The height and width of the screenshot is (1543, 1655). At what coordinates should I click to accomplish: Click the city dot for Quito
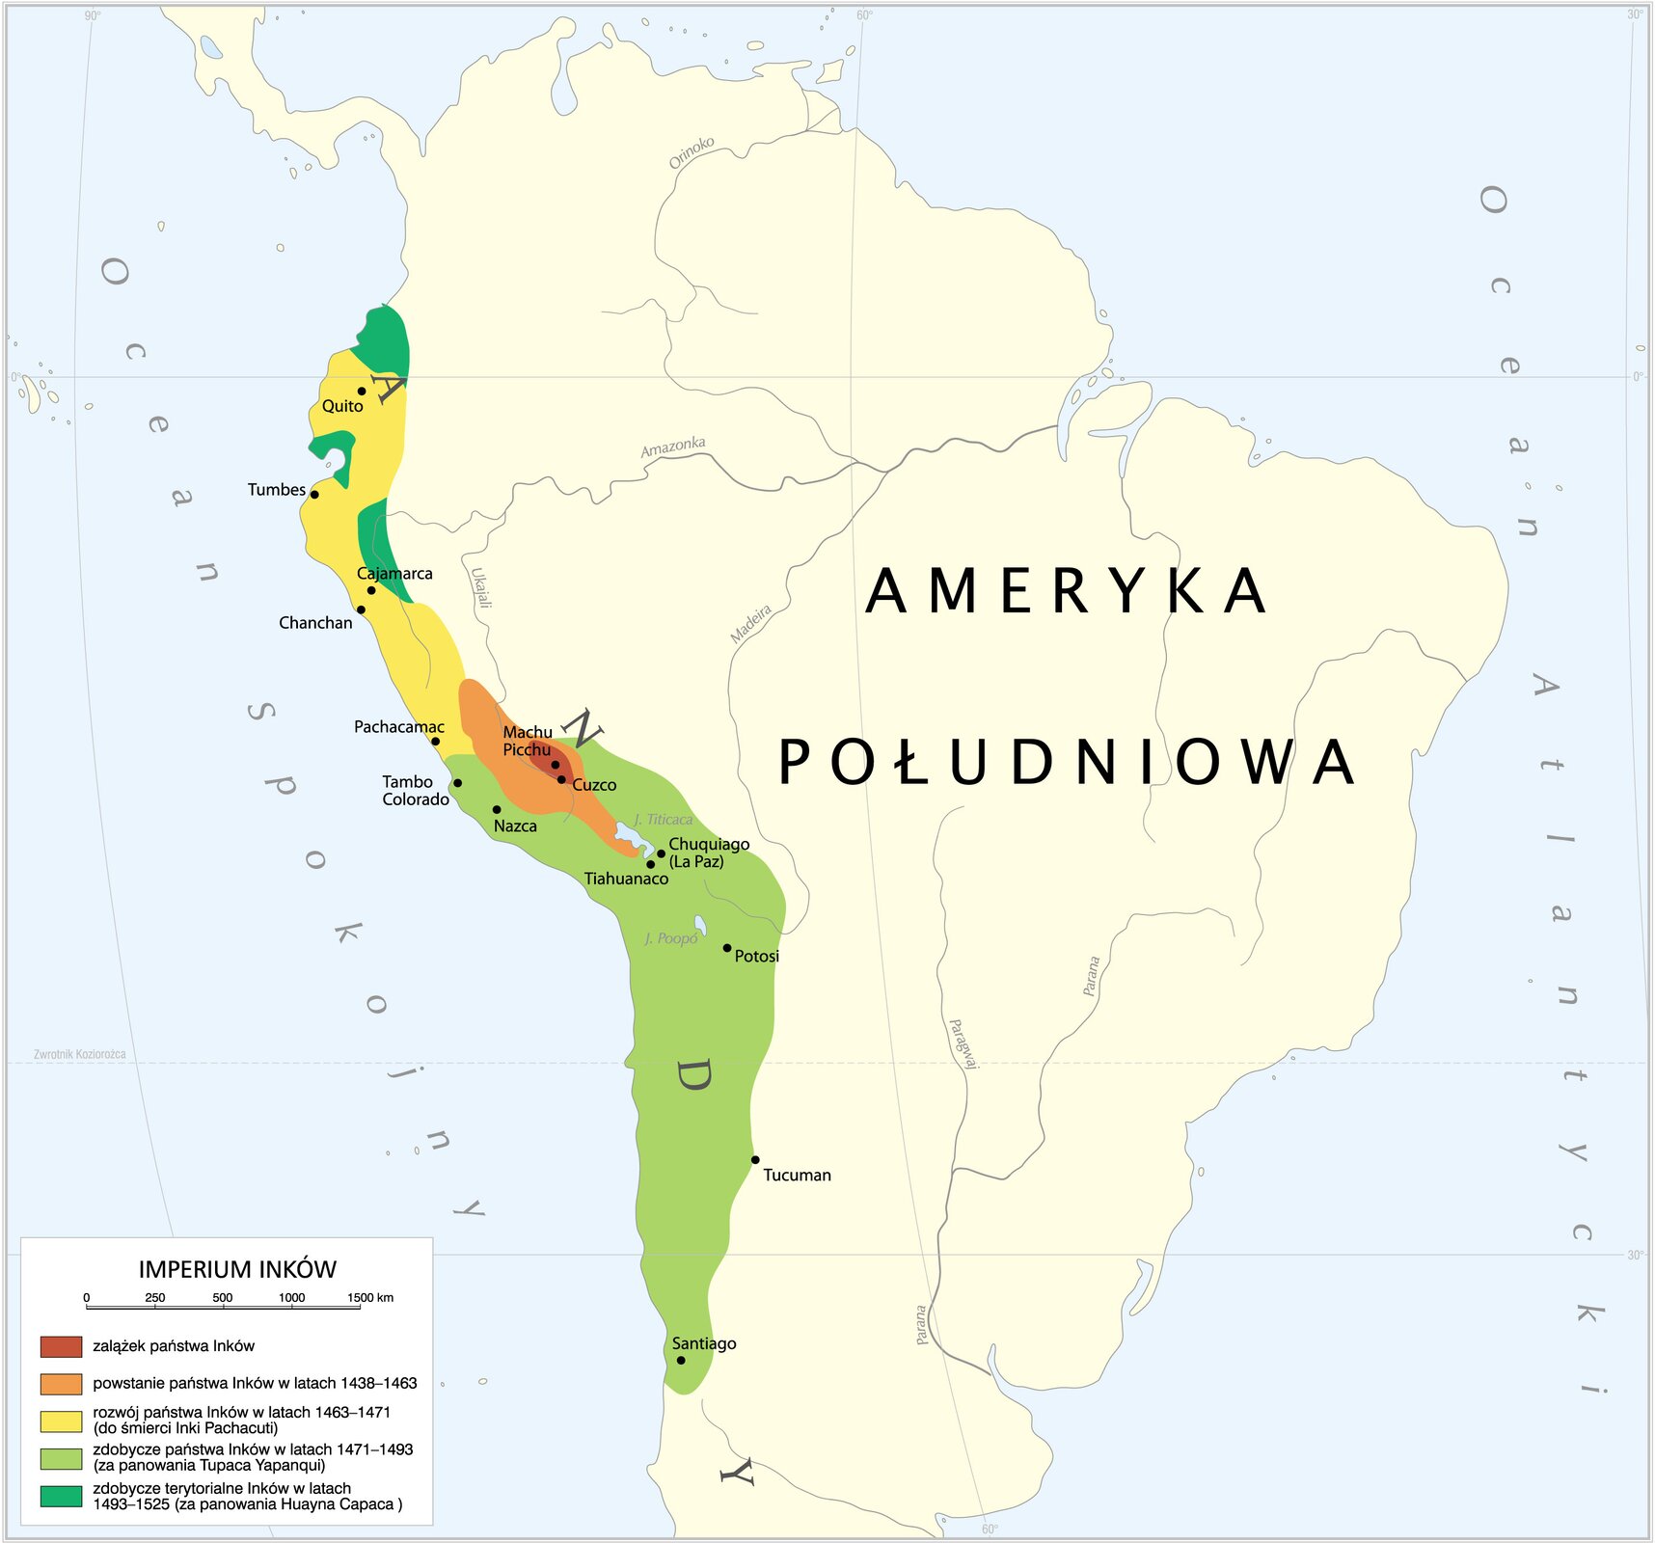click(362, 391)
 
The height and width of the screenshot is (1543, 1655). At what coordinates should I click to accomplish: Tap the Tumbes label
click(276, 490)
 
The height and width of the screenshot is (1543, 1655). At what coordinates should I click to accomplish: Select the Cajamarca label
click(394, 574)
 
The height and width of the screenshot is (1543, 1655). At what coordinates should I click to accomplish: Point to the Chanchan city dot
click(361, 609)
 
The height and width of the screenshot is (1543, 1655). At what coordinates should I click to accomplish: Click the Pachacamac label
click(398, 727)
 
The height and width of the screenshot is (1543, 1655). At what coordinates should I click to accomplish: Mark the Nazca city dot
click(497, 810)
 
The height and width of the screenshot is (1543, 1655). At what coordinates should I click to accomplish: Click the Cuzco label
click(594, 785)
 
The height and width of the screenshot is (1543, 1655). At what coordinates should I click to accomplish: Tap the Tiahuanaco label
click(626, 879)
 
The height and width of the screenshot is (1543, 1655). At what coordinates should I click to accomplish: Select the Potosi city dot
click(727, 948)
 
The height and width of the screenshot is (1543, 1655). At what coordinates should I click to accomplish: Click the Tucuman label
click(797, 1175)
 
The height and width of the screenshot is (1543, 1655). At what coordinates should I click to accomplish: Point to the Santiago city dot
click(681, 1361)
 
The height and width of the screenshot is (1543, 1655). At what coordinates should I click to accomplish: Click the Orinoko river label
click(692, 151)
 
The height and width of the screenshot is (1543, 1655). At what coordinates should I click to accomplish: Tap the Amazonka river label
click(673, 447)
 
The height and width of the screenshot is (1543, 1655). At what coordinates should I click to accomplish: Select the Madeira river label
click(750, 624)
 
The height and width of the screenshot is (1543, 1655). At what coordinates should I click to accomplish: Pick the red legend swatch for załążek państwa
click(61, 1346)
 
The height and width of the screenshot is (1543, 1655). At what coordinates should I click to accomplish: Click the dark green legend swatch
click(61, 1496)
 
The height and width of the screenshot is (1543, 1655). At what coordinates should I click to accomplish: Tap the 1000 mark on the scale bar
click(292, 1298)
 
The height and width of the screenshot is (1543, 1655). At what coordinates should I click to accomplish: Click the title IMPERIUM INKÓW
click(237, 1269)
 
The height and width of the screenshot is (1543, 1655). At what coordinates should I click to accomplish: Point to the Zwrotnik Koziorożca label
click(80, 1054)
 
